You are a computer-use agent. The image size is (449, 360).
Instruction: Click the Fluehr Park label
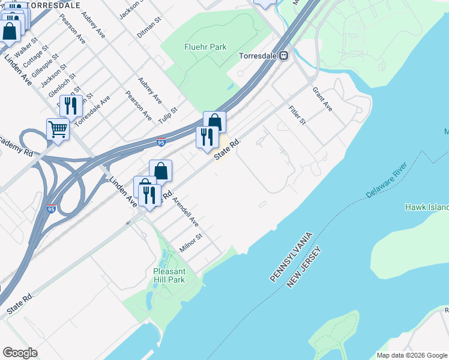pyautogui.click(x=205, y=46)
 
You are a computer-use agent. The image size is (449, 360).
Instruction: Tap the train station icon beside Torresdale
pyautogui.click(x=282, y=56)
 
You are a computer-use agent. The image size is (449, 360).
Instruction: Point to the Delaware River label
pyautogui.click(x=387, y=180)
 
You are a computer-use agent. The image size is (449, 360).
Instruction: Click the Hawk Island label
pyautogui.click(x=427, y=207)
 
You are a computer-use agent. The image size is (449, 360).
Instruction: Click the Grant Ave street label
pyautogui.click(x=322, y=98)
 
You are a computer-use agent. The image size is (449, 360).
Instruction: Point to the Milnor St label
pyautogui.click(x=191, y=243)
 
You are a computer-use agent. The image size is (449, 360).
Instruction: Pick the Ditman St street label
pyautogui.click(x=149, y=28)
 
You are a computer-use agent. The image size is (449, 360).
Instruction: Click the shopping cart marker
pyautogui.click(x=58, y=128)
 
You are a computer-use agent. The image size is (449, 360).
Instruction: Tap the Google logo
pyautogui.click(x=20, y=353)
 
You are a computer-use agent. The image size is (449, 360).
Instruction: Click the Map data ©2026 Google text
pyautogui.click(x=411, y=355)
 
